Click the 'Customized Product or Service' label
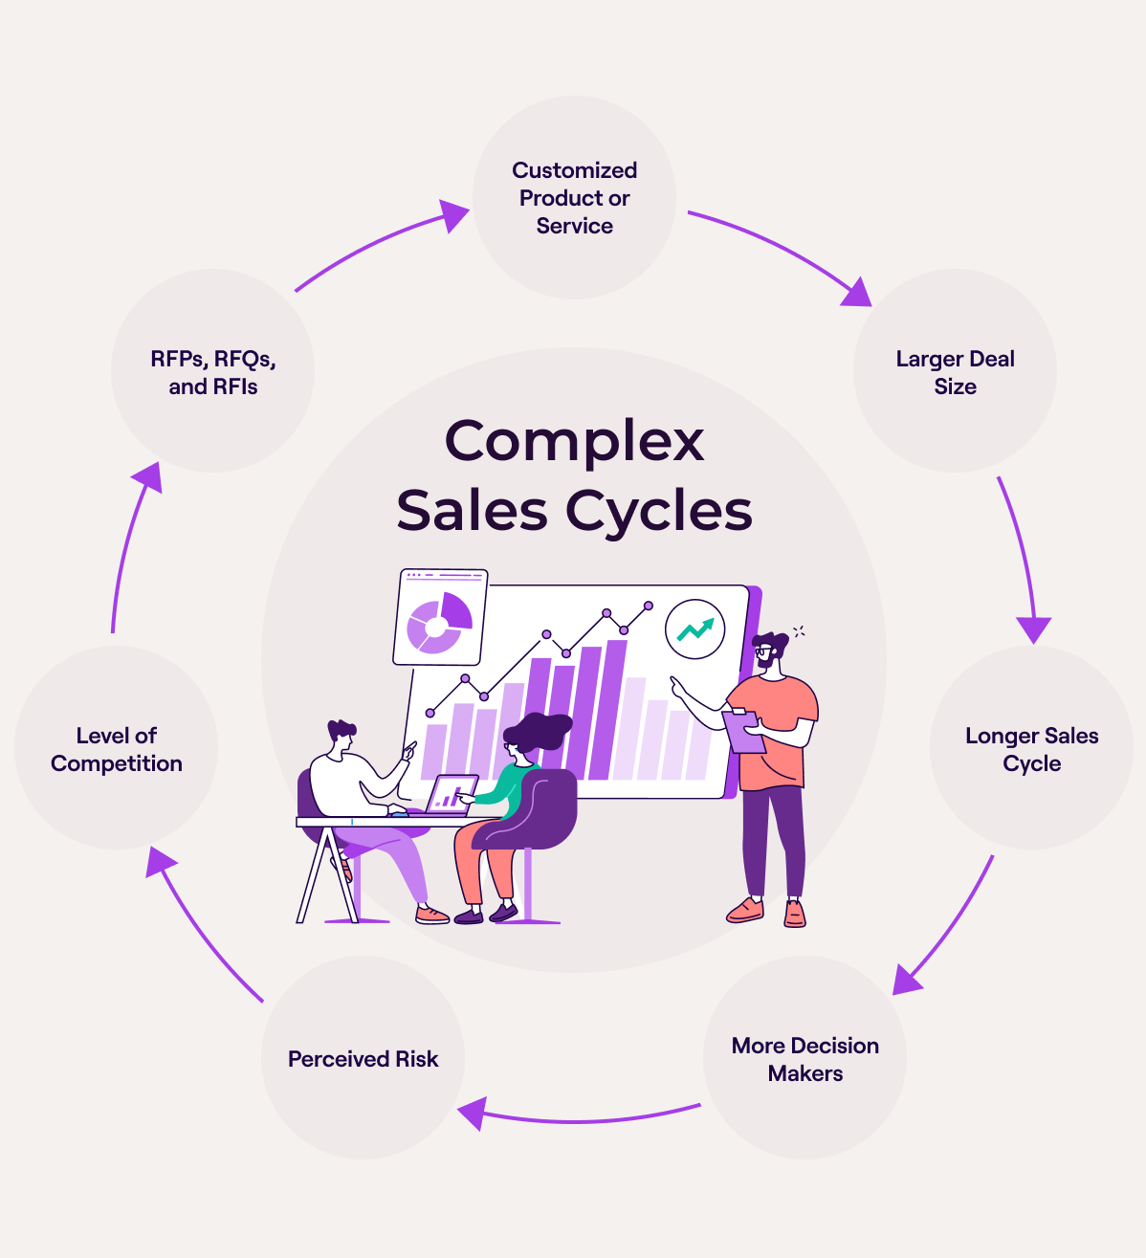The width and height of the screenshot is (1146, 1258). click(x=574, y=198)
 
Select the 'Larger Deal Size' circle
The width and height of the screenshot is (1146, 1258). click(x=955, y=372)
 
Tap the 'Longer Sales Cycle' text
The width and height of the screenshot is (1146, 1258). click(x=1031, y=749)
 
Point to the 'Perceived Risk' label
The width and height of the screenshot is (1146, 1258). click(x=363, y=1059)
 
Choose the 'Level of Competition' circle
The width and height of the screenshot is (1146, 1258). click(x=116, y=749)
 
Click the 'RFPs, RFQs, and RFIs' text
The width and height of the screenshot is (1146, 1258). click(x=212, y=372)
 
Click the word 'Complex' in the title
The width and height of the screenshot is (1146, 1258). click(x=574, y=441)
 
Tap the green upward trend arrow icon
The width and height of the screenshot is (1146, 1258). click(x=695, y=629)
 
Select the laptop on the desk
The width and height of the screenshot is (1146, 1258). click(x=451, y=793)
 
